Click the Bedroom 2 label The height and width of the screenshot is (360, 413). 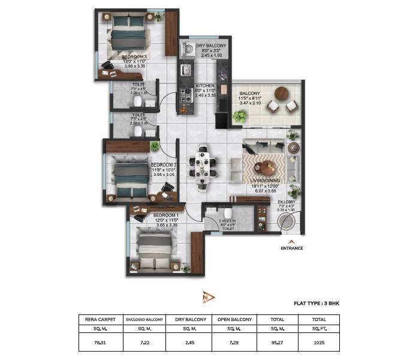click(x=163, y=164)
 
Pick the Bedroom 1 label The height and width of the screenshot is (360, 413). click(x=165, y=215)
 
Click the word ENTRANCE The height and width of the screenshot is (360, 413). click(x=291, y=248)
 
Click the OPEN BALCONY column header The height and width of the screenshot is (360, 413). click(x=234, y=320)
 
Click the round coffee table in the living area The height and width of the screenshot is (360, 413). click(x=264, y=169)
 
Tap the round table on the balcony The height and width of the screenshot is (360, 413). click(x=281, y=93)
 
